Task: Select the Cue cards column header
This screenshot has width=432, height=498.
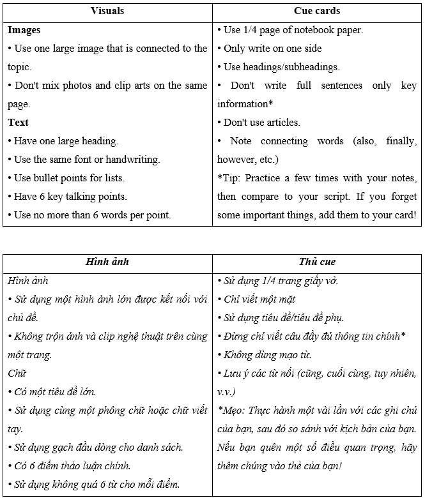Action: coord(316,11)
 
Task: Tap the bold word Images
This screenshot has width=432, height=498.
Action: coord(24,30)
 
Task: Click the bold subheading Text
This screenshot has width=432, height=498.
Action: coord(19,123)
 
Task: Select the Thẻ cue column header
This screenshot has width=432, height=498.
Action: coord(316,262)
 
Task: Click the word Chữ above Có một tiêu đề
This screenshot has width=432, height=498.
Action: coord(17,373)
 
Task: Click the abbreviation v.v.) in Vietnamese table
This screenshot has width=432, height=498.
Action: coord(227,392)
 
